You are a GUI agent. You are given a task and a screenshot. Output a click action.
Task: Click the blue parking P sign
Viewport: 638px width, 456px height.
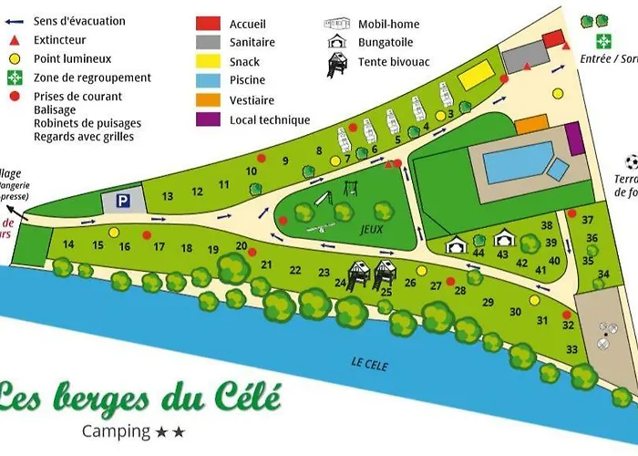(x=123, y=201)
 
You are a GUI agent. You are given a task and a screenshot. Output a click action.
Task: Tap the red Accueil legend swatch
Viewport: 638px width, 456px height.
(x=209, y=23)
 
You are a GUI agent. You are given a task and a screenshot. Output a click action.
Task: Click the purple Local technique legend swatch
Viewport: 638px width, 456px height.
(x=209, y=119)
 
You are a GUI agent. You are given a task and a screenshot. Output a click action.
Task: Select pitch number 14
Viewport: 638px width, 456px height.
(x=68, y=244)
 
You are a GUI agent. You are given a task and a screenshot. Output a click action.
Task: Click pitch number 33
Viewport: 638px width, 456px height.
(x=571, y=349)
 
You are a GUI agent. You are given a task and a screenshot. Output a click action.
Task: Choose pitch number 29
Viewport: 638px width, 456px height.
(x=488, y=303)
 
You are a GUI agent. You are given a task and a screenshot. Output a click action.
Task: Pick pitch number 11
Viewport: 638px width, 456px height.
(x=223, y=185)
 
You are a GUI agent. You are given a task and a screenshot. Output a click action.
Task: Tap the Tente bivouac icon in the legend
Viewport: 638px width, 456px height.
(x=337, y=65)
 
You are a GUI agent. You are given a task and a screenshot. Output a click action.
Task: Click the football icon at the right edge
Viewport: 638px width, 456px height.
(x=632, y=161)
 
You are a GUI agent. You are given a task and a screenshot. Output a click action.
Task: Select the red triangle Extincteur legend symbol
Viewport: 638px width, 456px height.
(x=14, y=40)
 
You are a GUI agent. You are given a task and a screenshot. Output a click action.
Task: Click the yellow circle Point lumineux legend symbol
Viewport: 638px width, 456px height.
(x=14, y=59)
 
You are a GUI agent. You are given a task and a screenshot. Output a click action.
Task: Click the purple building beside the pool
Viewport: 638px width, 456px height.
(x=574, y=138)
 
